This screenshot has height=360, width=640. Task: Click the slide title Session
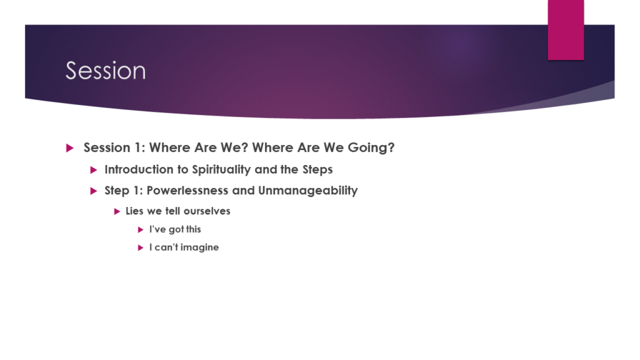click(x=106, y=71)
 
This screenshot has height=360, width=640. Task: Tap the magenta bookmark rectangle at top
click(x=566, y=30)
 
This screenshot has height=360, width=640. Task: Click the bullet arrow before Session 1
click(x=70, y=147)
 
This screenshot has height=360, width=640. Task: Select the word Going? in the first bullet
click(x=371, y=147)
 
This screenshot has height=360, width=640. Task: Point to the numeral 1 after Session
click(x=137, y=147)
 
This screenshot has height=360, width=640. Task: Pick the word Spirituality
click(x=221, y=170)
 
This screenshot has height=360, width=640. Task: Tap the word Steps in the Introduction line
click(x=317, y=170)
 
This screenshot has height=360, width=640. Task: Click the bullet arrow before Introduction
click(x=94, y=170)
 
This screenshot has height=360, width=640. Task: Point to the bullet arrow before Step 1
click(x=94, y=191)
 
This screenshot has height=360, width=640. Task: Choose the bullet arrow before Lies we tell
click(x=117, y=211)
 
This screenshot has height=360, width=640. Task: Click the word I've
click(x=157, y=229)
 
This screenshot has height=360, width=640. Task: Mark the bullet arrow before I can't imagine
click(x=141, y=247)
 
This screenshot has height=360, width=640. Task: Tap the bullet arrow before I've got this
click(x=141, y=230)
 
